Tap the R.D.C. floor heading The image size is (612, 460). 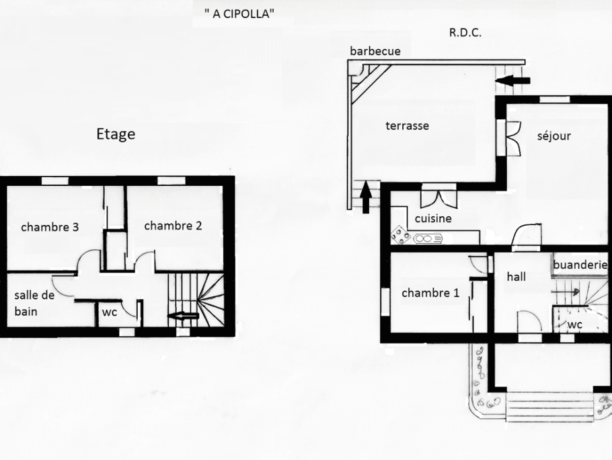[x=465, y=32]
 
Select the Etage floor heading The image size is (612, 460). [x=116, y=134]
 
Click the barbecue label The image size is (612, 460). [x=375, y=51]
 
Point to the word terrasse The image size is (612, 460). [x=407, y=125]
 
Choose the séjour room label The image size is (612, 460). [x=554, y=136]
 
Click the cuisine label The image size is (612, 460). [x=433, y=218]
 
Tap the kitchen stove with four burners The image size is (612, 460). [x=401, y=236]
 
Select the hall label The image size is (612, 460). [x=517, y=276]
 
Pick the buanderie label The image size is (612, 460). [x=581, y=265]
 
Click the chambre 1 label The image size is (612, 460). [x=430, y=293]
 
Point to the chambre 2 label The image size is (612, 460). [x=173, y=226]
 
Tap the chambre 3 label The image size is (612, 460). [x=50, y=227]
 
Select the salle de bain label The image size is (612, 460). [x=34, y=303]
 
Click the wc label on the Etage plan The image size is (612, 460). [x=110, y=313]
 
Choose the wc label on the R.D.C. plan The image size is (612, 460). [x=574, y=325]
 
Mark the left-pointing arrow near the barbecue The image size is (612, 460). [x=515, y=81]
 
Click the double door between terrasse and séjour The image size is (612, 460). [x=514, y=137]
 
